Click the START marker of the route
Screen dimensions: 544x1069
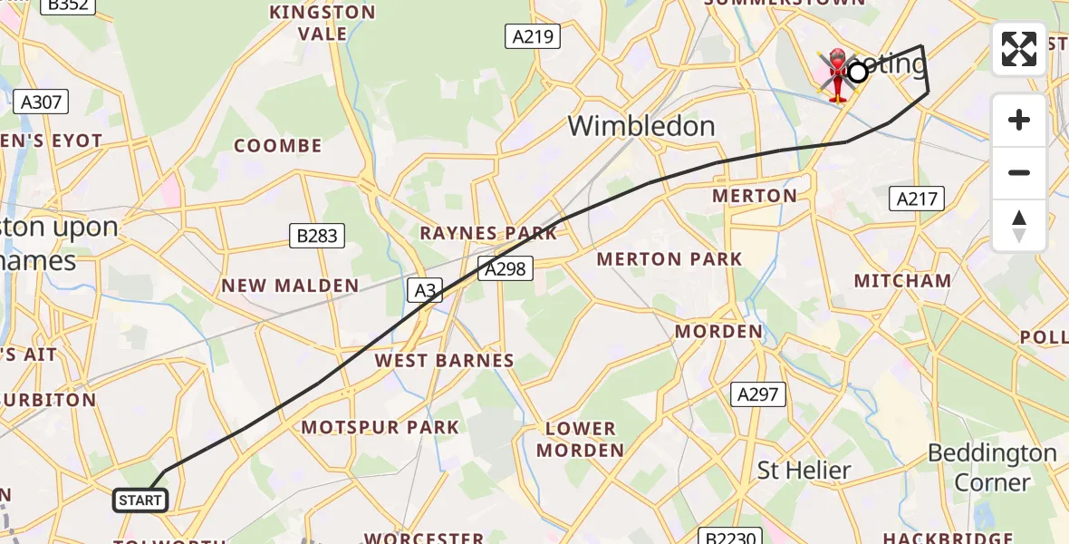140,500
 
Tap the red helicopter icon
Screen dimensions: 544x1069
838,74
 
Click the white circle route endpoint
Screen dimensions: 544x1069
857,73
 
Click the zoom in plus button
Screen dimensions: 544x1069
1019,120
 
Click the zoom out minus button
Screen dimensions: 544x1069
1019,172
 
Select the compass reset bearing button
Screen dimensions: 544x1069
1019,225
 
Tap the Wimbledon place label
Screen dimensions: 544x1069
641,126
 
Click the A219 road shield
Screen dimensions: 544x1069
532,36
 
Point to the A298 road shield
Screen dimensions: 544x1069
505,268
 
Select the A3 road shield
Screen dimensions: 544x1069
425,290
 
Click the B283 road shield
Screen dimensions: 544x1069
318,237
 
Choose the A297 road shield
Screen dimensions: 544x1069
758,393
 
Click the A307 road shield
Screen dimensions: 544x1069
41,102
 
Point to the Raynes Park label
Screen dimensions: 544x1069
488,233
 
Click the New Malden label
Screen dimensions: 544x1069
291,286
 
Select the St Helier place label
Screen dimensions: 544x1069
804,471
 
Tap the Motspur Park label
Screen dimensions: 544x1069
380,427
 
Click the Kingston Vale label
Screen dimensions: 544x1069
322,23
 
